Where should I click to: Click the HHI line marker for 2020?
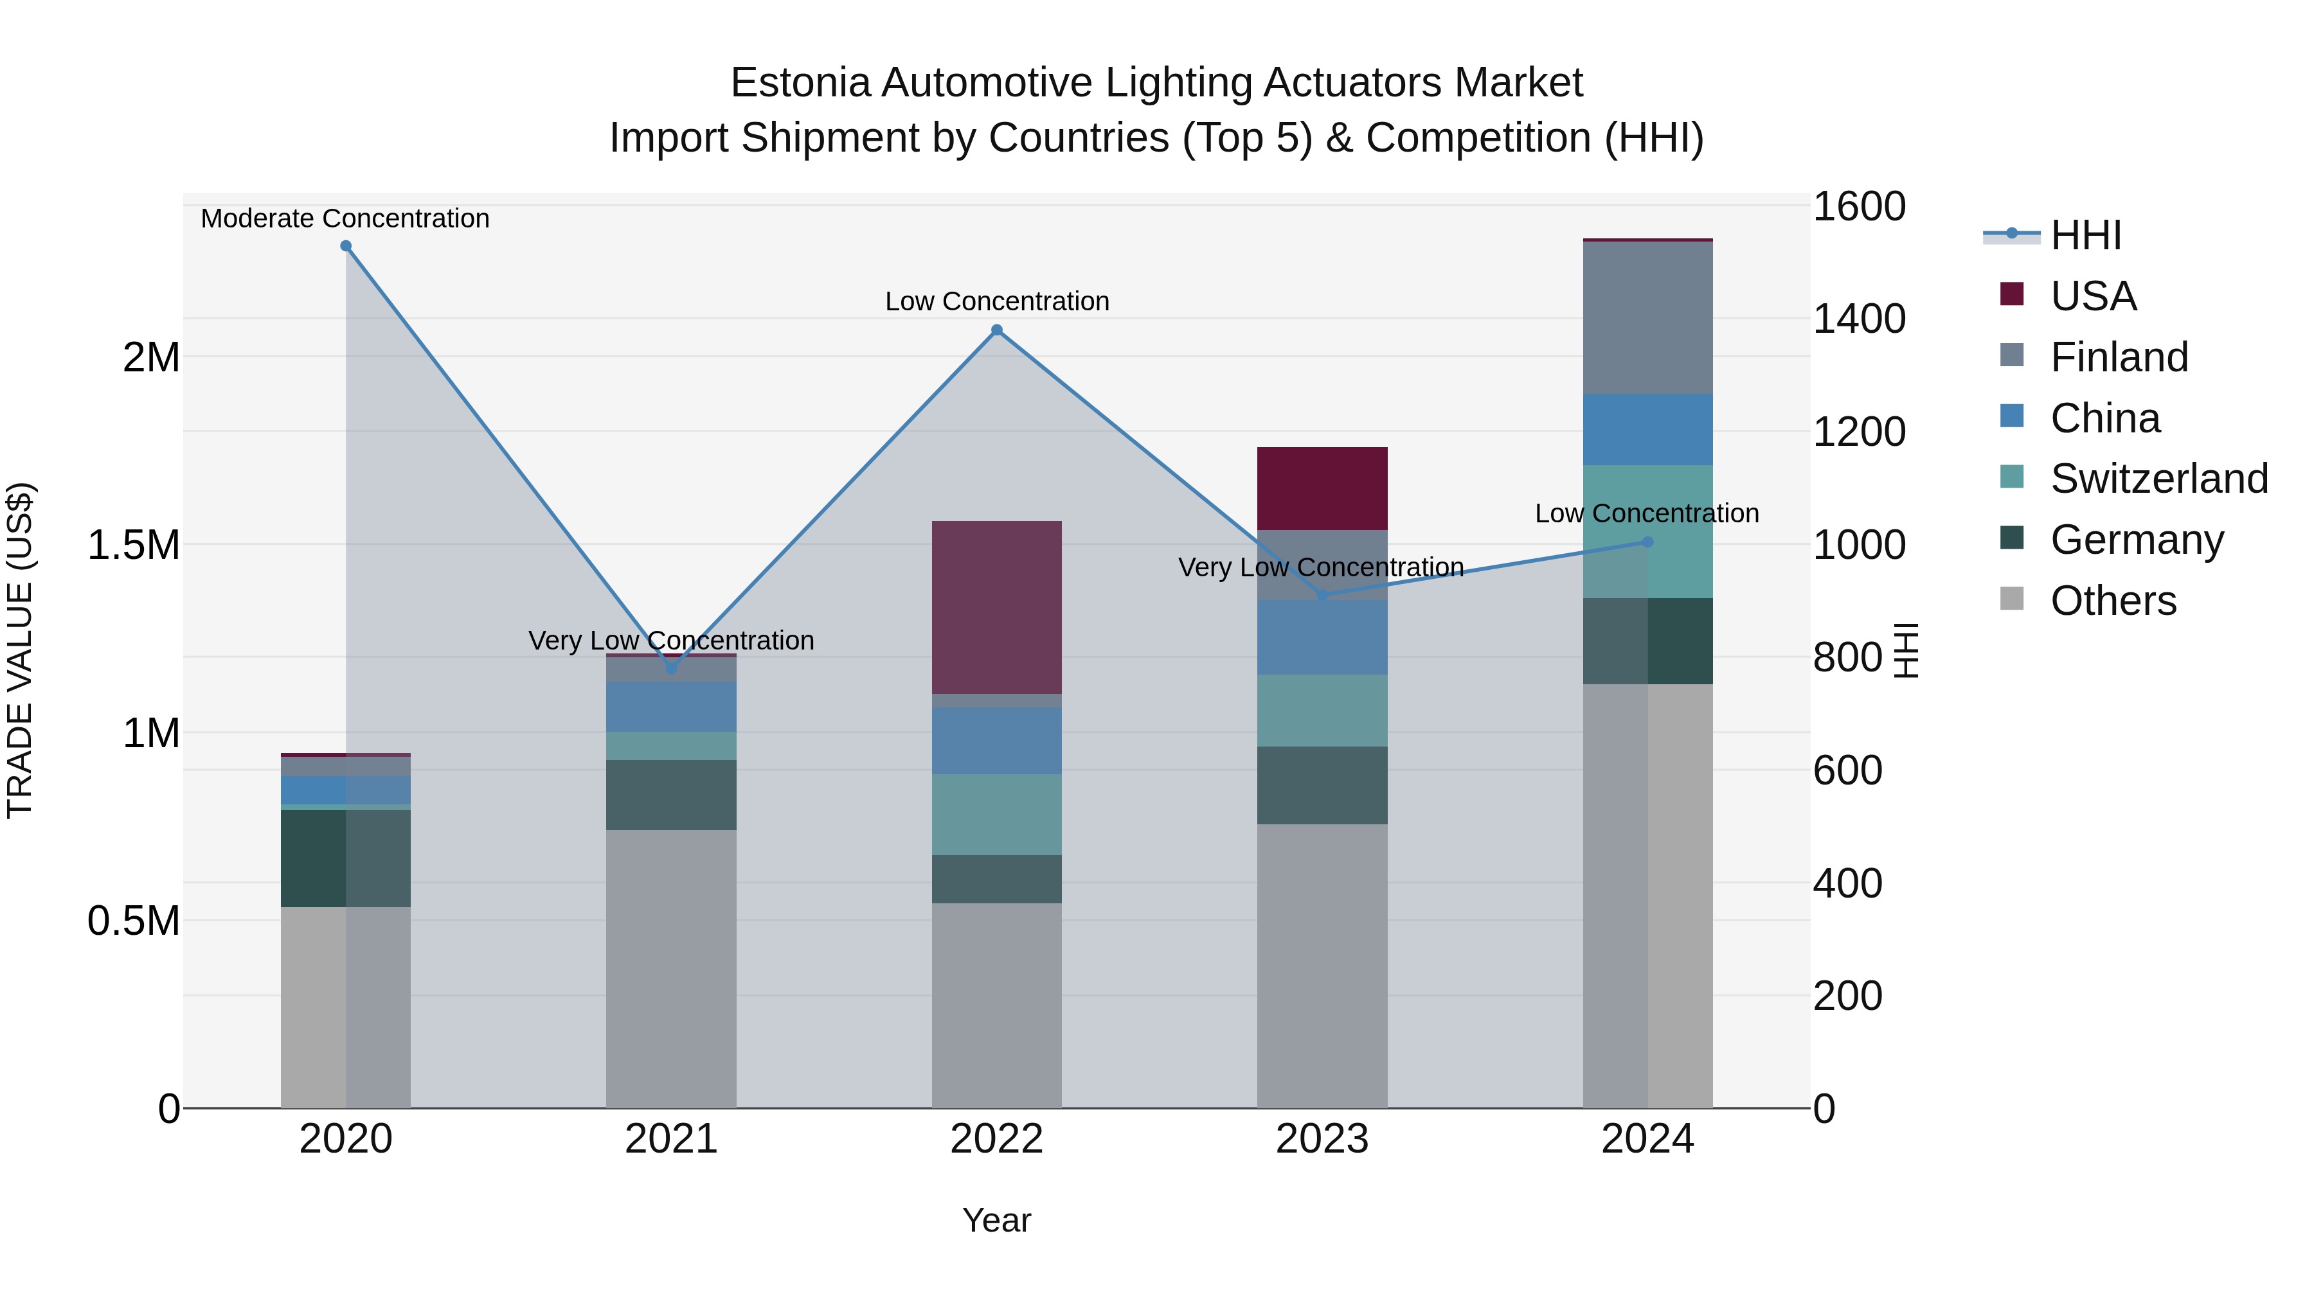click(346, 246)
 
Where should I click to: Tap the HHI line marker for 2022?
click(996, 330)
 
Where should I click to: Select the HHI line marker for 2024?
click(1647, 542)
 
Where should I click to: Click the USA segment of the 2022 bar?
click(996, 607)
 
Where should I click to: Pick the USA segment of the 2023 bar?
click(1322, 488)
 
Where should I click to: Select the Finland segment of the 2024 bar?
click(1647, 318)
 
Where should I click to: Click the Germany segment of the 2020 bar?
click(346, 858)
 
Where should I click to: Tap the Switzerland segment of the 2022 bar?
click(996, 815)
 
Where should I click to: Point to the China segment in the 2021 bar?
click(671, 707)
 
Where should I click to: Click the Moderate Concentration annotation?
click(345, 218)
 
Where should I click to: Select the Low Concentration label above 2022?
click(997, 302)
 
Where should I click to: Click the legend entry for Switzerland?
click(2158, 479)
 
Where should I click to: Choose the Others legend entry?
click(2113, 601)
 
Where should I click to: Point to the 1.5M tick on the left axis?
click(134, 545)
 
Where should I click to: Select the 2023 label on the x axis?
click(1322, 1139)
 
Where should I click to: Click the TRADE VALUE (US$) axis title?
click(20, 650)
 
